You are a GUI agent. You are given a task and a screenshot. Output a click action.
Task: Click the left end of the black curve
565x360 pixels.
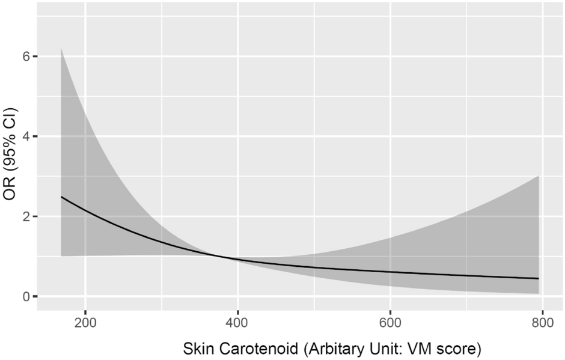[61, 197]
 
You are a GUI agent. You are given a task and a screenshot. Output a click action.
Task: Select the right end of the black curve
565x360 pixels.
[539, 279]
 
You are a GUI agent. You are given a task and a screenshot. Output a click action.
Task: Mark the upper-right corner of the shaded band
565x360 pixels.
[539, 175]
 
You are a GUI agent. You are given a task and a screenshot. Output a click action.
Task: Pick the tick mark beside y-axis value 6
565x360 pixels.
[35, 56]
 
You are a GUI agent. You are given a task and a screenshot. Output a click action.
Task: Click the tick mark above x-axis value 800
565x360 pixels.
[543, 313]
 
